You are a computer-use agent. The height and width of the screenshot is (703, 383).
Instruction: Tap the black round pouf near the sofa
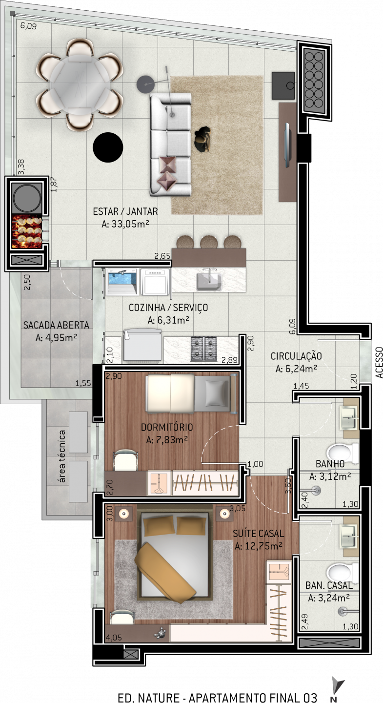pyautogui.click(x=108, y=147)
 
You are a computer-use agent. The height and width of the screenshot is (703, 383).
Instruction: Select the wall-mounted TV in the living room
pyautogui.click(x=288, y=145)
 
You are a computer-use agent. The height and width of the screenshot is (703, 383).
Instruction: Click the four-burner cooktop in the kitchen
pyautogui.click(x=204, y=348)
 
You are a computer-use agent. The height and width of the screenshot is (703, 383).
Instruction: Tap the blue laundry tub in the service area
pyautogui.click(x=122, y=282)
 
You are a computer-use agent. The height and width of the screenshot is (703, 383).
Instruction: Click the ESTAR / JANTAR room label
pyautogui.click(x=125, y=211)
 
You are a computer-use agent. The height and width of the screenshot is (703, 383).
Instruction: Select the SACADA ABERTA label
pyautogui.click(x=56, y=325)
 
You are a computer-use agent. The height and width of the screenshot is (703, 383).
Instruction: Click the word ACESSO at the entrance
pyautogui.click(x=379, y=362)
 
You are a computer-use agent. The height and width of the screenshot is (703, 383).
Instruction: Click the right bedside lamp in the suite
pyautogui.click(x=224, y=514)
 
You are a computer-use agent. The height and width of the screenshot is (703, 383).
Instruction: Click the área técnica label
pyautogui.click(x=62, y=456)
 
